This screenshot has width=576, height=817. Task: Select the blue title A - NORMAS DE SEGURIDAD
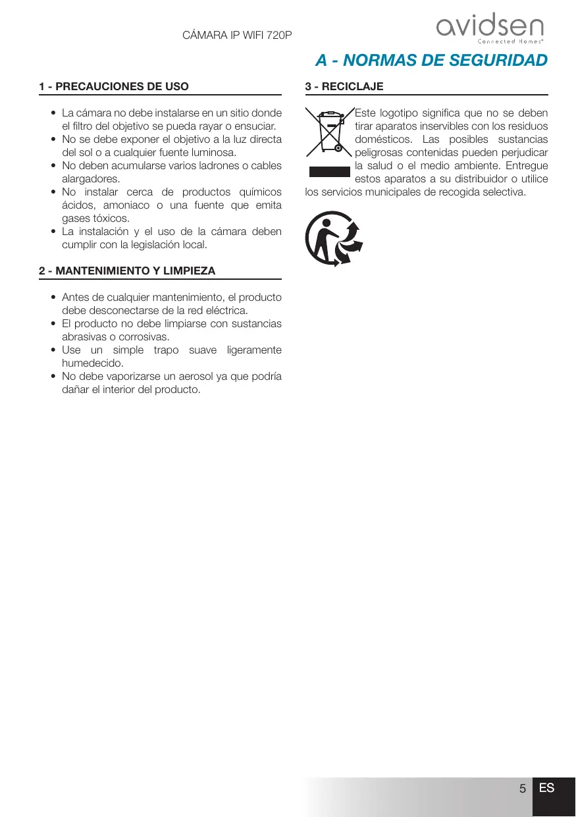coord(431,61)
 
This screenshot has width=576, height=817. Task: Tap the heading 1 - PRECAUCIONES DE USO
coord(114,86)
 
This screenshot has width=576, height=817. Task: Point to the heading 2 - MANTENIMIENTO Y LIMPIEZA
coord(127,271)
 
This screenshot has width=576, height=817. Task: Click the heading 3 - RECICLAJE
coord(344,86)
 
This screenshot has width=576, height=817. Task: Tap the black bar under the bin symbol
coord(329,172)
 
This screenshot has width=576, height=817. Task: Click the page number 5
coord(522,789)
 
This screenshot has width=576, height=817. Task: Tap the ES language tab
coord(546,788)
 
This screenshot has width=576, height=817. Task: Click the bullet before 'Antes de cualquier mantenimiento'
coord(53,298)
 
